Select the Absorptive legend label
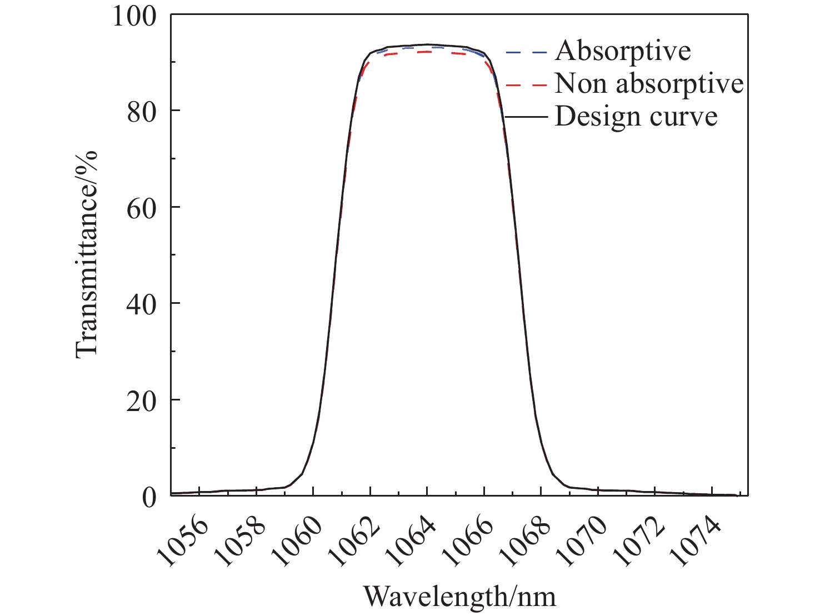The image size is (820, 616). coord(622,51)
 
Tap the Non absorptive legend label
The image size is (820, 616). coord(649,84)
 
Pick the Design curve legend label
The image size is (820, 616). coord(636,117)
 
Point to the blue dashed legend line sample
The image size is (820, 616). coord(526,53)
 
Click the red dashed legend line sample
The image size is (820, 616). coord(526,85)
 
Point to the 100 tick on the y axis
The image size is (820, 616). coord(135,16)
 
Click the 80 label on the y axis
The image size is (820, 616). coord(141,111)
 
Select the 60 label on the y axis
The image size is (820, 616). coord(141,207)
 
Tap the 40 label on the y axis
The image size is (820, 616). coord(141,303)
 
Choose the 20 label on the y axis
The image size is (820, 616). coord(141,400)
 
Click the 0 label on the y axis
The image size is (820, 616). coord(149,496)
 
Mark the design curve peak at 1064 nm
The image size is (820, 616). coord(427,44)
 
